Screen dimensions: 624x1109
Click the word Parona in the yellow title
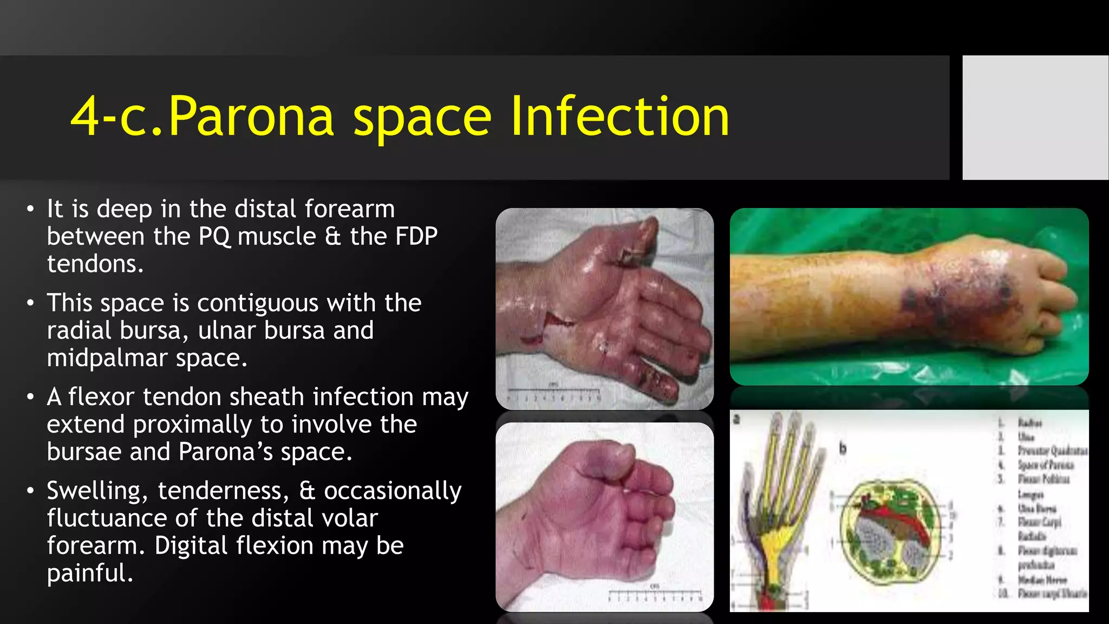point(251,116)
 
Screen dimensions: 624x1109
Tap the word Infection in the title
point(620,116)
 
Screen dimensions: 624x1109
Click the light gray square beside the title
point(1035,118)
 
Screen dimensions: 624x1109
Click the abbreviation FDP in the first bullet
point(416,237)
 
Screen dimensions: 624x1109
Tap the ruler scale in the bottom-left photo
point(655,596)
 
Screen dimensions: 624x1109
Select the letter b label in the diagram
point(843,448)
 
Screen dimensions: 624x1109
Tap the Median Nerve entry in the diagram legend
point(1042,580)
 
